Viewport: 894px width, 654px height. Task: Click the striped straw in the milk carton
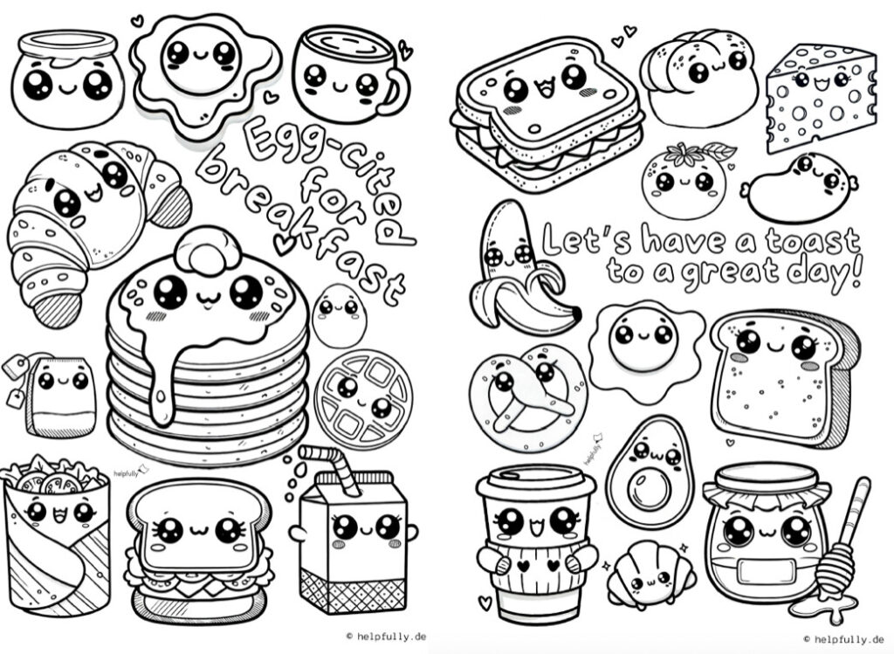click(331, 466)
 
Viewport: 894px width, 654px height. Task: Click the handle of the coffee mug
click(397, 90)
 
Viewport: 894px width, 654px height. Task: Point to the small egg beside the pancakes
click(340, 316)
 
